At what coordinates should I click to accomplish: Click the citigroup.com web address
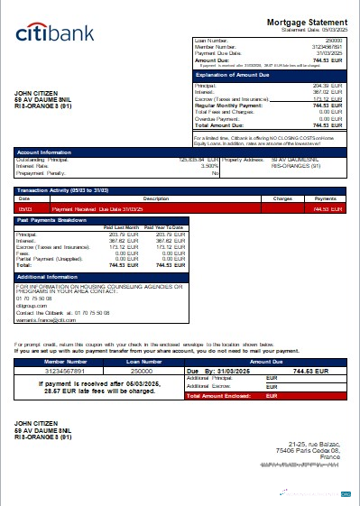32,305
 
